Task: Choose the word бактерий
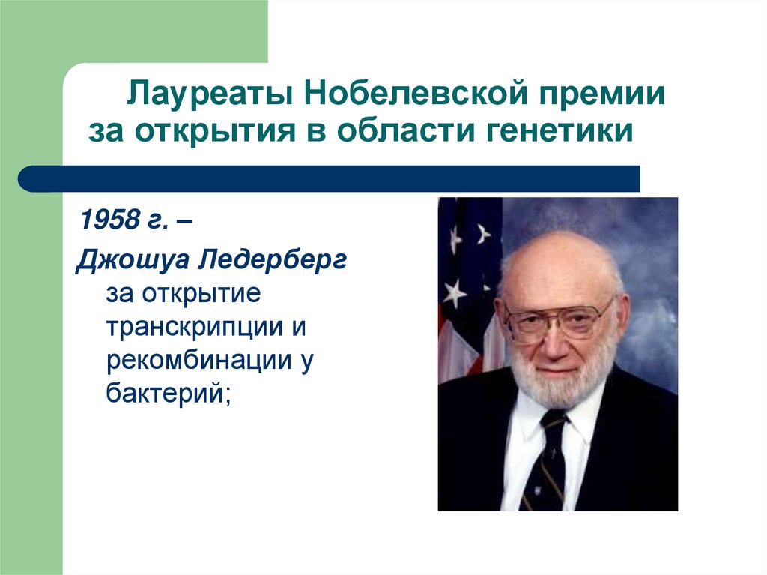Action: pos(164,393)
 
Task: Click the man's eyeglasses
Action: pos(557,318)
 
